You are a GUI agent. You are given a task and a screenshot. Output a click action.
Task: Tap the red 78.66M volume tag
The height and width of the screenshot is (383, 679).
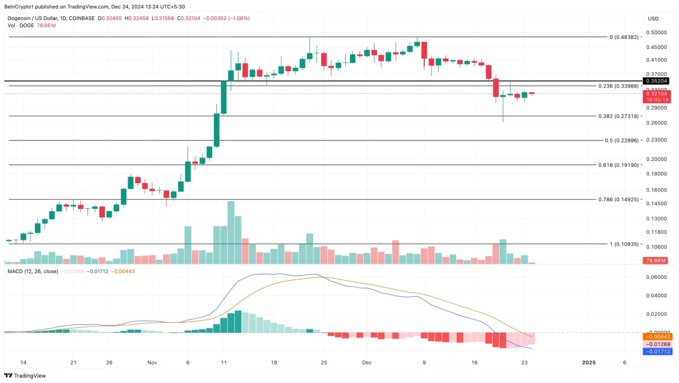[657, 260]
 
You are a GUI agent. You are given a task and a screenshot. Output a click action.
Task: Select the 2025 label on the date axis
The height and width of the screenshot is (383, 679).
[589, 363]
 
